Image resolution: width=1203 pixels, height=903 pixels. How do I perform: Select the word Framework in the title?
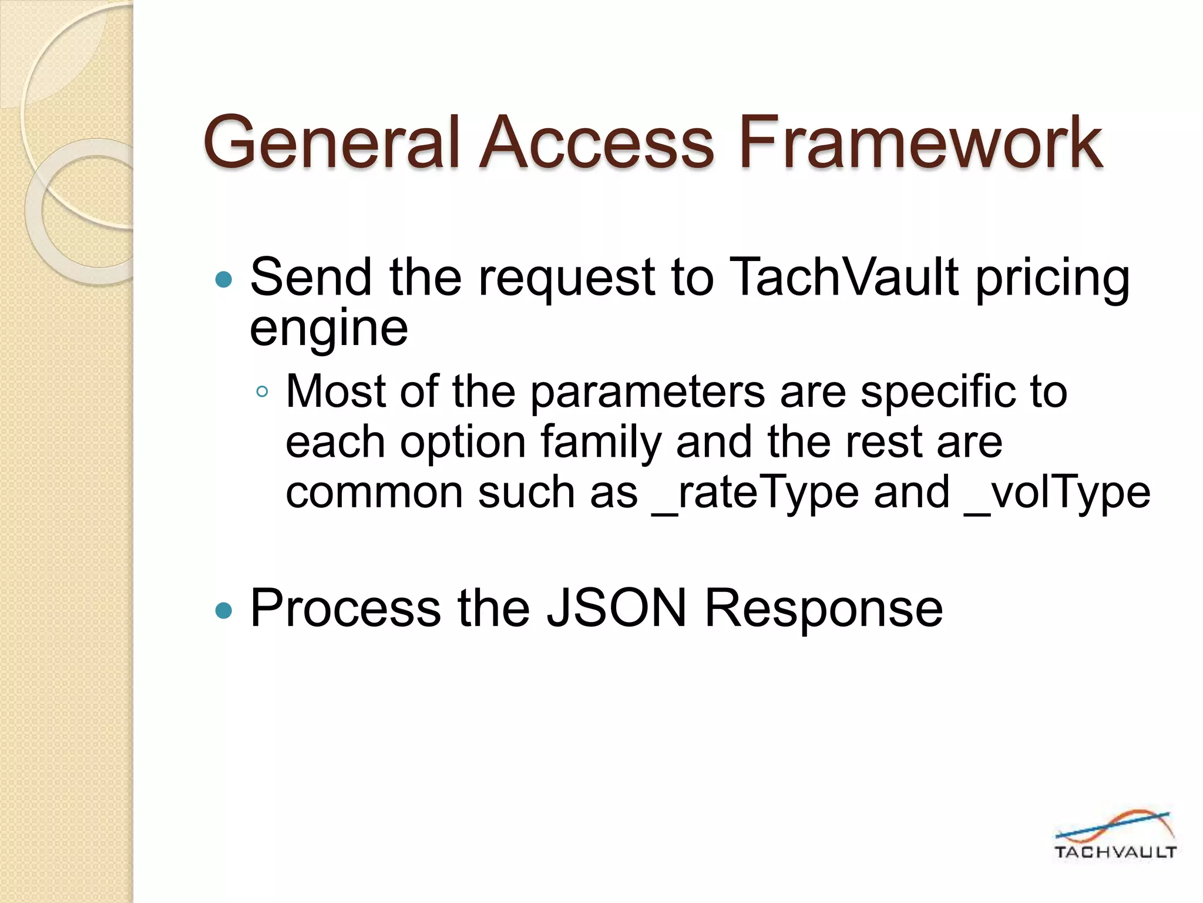click(920, 143)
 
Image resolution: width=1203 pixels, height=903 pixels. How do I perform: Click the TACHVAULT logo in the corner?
click(1114, 835)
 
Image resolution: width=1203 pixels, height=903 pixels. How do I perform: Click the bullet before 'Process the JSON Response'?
click(224, 611)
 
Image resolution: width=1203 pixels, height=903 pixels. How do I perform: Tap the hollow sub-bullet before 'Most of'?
click(262, 392)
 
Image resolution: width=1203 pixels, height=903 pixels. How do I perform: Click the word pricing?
click(1053, 279)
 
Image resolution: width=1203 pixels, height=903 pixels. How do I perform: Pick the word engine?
click(328, 330)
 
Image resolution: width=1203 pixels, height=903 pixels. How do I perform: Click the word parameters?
click(647, 392)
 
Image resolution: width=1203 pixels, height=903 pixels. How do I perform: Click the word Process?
click(345, 608)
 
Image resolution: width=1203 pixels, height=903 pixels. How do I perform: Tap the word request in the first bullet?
click(566, 279)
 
